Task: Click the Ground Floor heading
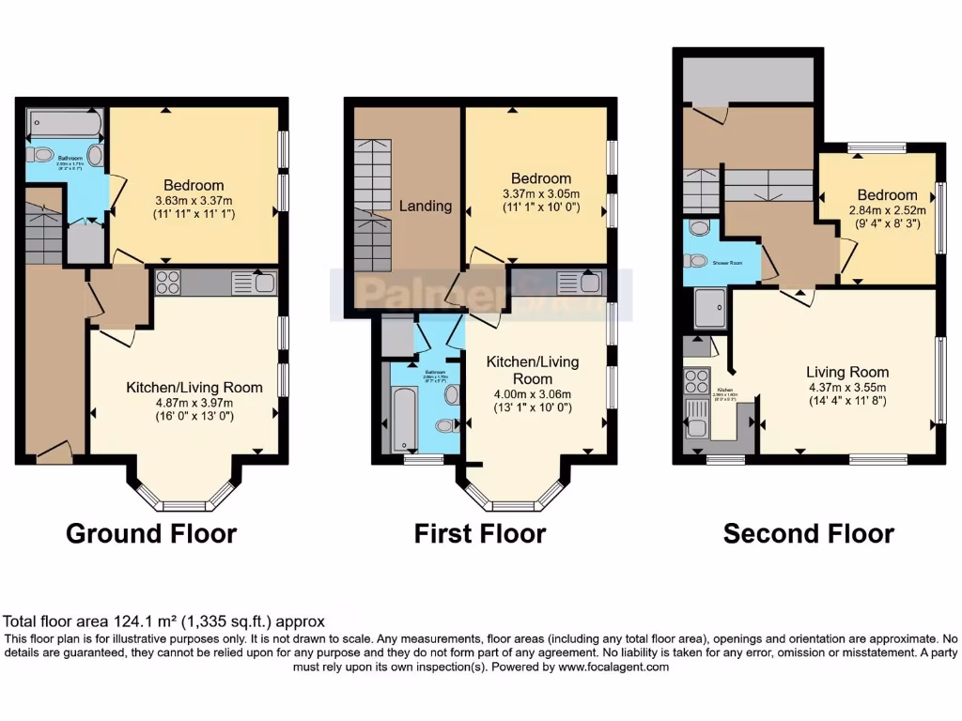coord(151,534)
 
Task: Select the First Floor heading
coord(480,534)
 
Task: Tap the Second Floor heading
coord(808,534)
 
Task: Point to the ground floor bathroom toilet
coord(41,154)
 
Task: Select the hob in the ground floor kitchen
coord(168,283)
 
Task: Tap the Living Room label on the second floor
coord(847,372)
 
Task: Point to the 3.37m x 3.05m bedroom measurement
coord(540,194)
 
